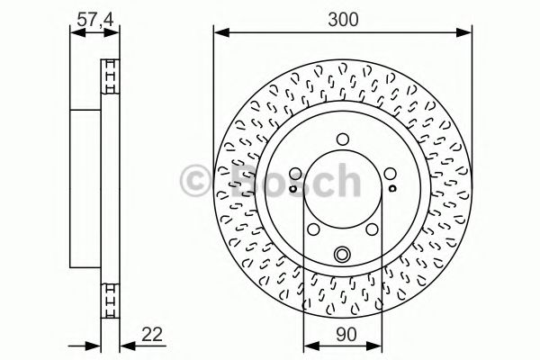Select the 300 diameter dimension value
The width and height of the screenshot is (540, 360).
click(x=343, y=16)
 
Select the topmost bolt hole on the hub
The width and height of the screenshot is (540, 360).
click(x=343, y=139)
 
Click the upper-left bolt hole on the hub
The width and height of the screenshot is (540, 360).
click(x=297, y=173)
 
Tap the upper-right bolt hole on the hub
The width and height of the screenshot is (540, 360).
click(x=389, y=173)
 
